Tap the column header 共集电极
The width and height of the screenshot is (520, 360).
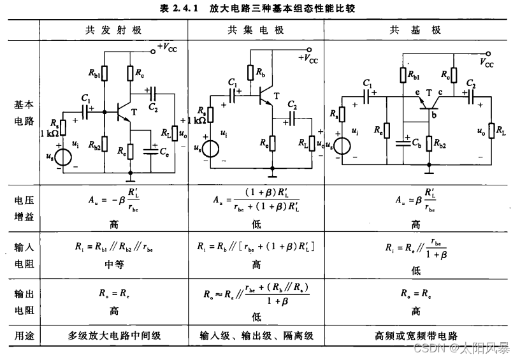[x=256, y=31]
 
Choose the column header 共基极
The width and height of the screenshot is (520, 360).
[x=415, y=31]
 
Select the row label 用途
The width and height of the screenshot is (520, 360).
[x=24, y=335]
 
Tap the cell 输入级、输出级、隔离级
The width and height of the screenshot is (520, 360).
[x=256, y=335]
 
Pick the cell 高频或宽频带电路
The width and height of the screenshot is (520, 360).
[x=416, y=335]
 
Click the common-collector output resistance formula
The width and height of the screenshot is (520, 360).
[x=256, y=294]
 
